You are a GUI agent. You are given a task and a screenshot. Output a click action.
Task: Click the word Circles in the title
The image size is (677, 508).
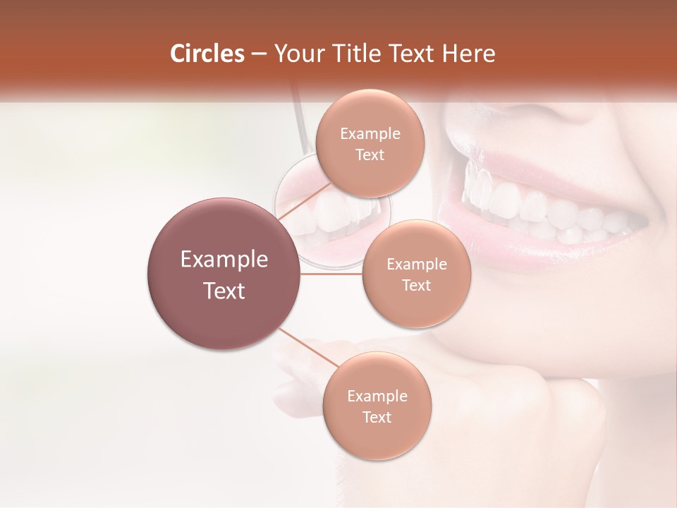pos(207,54)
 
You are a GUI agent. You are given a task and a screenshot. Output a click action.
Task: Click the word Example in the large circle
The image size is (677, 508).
pos(224,260)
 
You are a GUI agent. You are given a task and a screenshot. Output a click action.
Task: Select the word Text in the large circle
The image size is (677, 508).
pos(224,291)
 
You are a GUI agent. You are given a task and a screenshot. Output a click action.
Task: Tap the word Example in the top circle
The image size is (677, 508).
pos(370,134)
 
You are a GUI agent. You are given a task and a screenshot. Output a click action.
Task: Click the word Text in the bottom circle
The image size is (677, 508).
pos(377,417)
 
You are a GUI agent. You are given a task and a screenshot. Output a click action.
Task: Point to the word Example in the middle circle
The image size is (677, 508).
pos(416,265)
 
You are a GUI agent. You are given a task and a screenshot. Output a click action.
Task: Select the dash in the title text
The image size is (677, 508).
pos(259,54)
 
